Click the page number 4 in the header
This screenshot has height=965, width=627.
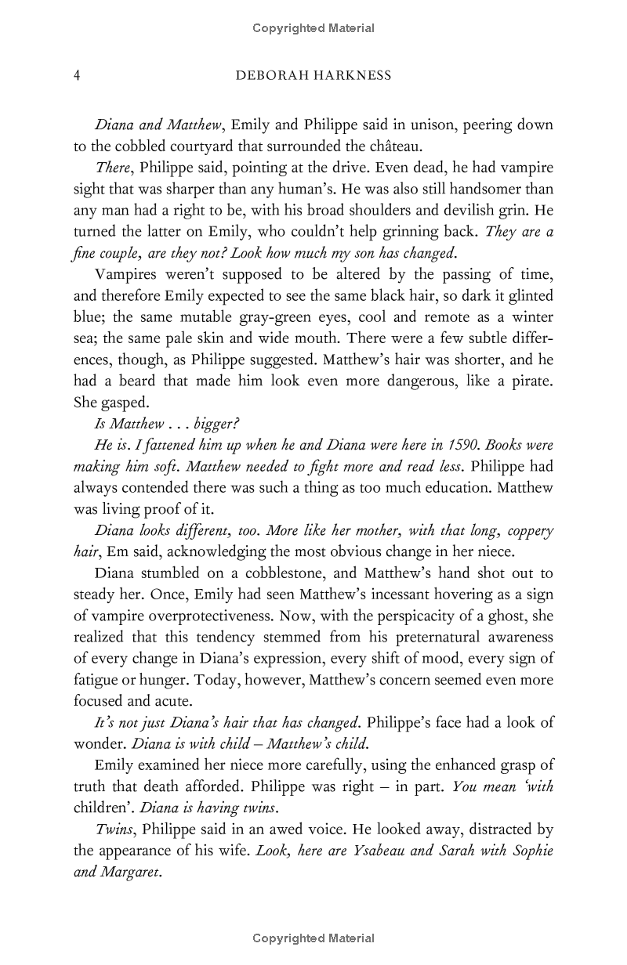77,76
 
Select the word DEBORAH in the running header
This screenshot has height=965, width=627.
273,76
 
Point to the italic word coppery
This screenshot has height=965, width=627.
527,530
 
